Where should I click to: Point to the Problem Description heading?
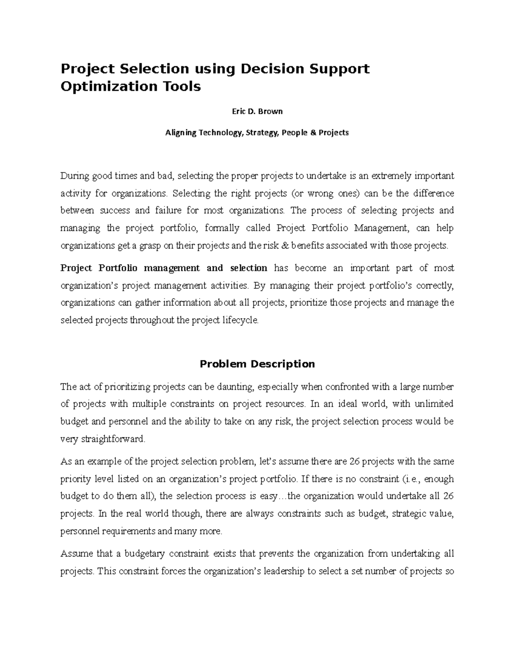[257, 364]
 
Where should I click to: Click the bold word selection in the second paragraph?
[248, 268]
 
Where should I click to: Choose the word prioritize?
[309, 303]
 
